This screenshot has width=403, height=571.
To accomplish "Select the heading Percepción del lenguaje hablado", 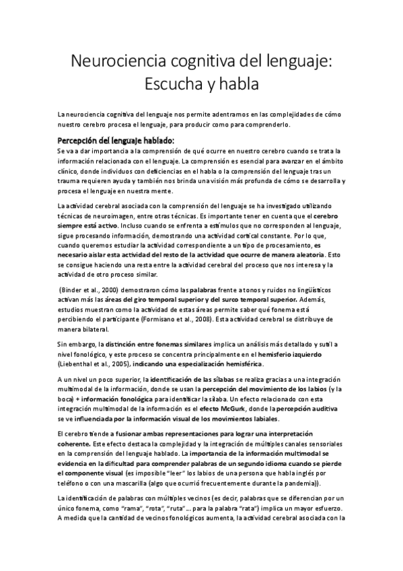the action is pos(116,140).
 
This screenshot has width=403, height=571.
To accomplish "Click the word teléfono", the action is pos(70,483).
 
